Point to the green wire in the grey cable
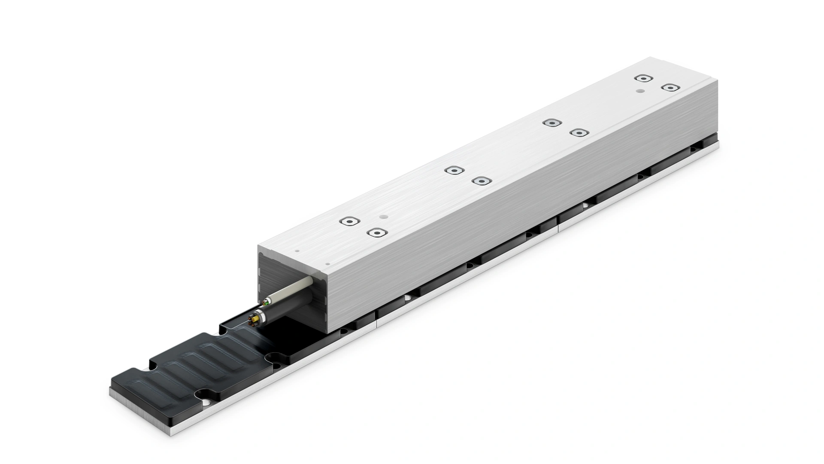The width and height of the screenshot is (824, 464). click(x=267, y=303)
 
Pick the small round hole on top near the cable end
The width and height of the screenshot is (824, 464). click(x=385, y=217)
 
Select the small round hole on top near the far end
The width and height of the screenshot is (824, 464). click(x=640, y=91)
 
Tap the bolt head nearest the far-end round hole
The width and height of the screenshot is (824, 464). click(x=642, y=78)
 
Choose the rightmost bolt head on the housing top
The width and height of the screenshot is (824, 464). click(x=670, y=88)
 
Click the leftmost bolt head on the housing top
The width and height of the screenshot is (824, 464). click(x=349, y=221)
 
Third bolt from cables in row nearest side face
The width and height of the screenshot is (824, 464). click(x=578, y=132)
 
